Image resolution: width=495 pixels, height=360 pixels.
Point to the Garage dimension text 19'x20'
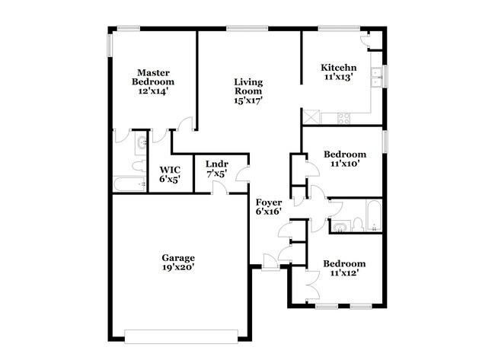(177, 267)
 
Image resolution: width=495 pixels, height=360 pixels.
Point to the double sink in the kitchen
(375, 75)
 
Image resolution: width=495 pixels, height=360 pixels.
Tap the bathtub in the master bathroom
(129, 183)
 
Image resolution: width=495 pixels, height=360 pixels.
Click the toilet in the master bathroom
(137, 165)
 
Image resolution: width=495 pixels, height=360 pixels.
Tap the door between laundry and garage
(219, 187)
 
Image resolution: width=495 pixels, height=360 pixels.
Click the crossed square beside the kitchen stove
(311, 116)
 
